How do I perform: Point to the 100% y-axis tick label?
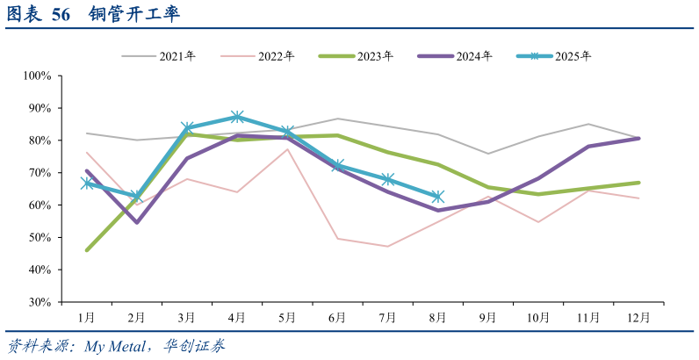point(39,76)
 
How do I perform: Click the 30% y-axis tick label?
point(41,302)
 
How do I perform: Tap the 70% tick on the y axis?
point(41,173)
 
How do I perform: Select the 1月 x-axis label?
point(86,317)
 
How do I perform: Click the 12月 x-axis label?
point(638,317)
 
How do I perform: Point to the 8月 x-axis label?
point(437,317)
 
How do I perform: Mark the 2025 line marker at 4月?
point(237,117)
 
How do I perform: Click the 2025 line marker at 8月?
point(437,197)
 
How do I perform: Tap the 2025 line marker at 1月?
point(86,184)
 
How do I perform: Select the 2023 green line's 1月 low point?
point(86,250)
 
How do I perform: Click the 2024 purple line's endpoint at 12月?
point(638,138)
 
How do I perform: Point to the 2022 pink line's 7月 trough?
point(387,246)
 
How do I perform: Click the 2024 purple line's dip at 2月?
point(136,222)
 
